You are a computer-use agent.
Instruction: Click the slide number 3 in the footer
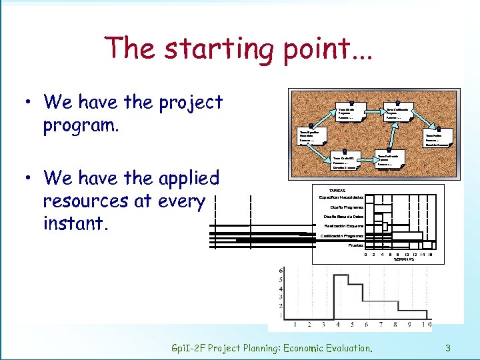click(x=449, y=347)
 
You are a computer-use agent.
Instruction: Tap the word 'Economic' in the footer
click(x=327, y=348)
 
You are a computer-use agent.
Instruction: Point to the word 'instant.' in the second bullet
click(x=75, y=223)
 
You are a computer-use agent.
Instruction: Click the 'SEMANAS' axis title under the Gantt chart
click(x=403, y=259)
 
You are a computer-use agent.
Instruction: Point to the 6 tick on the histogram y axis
click(x=281, y=271)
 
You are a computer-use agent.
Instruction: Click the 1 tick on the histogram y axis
click(x=281, y=315)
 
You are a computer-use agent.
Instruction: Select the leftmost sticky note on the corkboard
click(x=312, y=137)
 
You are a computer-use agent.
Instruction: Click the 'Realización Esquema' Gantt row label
click(x=344, y=226)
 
